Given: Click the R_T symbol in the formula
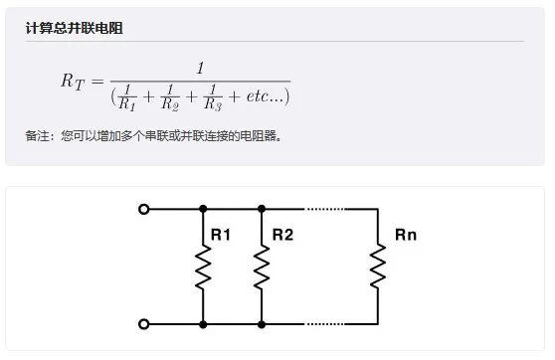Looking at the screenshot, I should [x=73, y=83].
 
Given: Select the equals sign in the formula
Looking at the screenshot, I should [x=97, y=82].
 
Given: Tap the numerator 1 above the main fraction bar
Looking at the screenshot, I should [x=200, y=69].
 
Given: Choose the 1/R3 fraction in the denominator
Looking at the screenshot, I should [x=213, y=96].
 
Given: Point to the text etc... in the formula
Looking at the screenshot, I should [x=262, y=96].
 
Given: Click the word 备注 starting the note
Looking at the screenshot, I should [x=37, y=135].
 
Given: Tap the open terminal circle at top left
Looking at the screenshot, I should [x=144, y=209].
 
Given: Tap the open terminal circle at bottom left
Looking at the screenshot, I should [x=144, y=324].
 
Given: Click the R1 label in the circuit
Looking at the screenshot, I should [x=220, y=236].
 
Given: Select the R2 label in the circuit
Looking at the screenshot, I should [x=282, y=236].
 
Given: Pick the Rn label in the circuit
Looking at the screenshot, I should [x=406, y=236].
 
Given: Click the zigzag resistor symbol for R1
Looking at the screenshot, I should [x=203, y=267].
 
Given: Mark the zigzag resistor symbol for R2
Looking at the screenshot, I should [x=262, y=267].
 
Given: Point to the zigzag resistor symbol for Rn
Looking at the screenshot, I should [x=379, y=267].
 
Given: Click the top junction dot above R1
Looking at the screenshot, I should [x=203, y=209].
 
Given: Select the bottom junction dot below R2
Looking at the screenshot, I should [x=262, y=324].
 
